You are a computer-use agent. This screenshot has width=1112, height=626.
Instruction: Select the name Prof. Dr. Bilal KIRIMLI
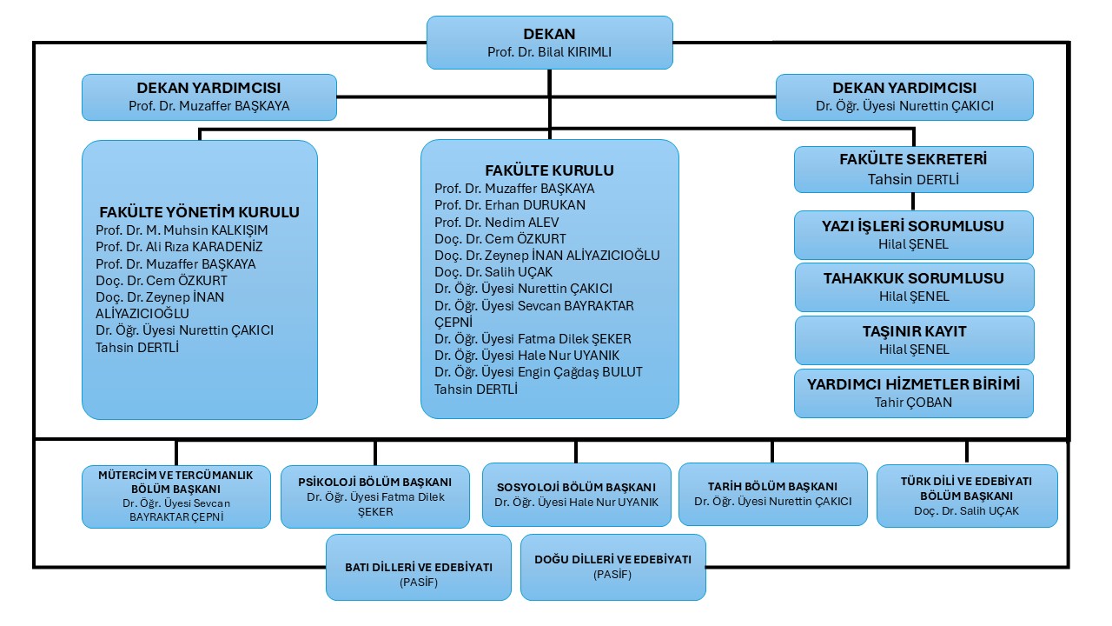coord(549,52)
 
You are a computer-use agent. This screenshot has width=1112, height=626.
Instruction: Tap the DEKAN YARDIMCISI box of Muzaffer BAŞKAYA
coord(208,97)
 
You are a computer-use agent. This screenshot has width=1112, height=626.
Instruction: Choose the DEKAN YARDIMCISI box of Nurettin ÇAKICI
coord(904,97)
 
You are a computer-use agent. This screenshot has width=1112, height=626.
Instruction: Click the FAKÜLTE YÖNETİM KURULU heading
coord(200,212)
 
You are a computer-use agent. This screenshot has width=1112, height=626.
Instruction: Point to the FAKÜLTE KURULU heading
coord(549,170)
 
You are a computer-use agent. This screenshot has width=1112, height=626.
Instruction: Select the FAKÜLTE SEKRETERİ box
coord(914,169)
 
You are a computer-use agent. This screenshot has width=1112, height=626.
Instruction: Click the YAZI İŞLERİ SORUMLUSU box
coord(914,235)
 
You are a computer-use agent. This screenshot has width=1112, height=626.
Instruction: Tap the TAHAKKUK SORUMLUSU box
coord(914,287)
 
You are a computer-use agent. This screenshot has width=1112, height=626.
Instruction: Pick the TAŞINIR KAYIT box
coord(914,340)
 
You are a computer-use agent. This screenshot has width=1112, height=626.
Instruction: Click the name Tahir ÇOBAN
coord(914,403)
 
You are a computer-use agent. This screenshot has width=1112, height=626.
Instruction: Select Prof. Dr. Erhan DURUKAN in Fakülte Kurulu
coord(510,205)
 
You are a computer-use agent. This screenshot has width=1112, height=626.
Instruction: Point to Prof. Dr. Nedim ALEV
coord(498,222)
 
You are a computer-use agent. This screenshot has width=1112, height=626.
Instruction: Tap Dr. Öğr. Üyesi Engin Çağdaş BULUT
coord(539,372)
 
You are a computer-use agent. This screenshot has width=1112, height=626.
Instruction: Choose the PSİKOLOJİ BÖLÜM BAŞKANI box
coord(375,496)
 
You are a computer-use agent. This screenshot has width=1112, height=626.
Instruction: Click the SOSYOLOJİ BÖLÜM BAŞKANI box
coord(577,494)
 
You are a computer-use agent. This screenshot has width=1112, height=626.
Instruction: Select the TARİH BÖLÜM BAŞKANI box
coord(773,493)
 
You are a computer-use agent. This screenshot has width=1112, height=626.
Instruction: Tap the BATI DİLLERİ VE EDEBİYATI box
coord(419,567)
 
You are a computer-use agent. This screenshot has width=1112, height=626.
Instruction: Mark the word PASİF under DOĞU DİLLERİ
coord(613,575)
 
